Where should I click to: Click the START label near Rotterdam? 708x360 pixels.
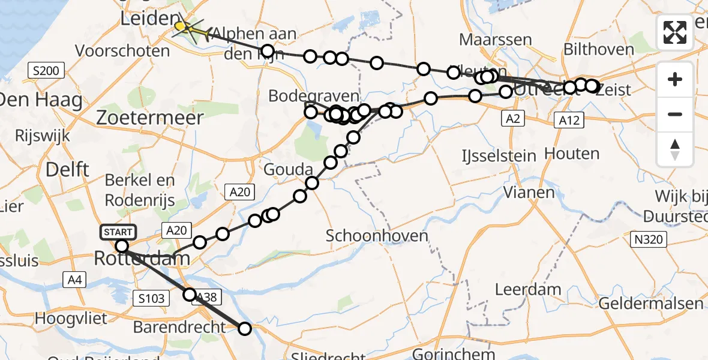pos(119,232)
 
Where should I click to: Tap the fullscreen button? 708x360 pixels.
pos(675,32)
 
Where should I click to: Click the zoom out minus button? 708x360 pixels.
pos(675,114)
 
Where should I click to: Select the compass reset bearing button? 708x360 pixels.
pos(675,149)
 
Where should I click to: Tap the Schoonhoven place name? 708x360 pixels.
pos(377,235)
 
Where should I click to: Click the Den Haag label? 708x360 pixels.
pos(41,100)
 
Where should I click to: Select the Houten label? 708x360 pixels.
pos(572,154)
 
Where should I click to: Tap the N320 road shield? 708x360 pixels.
pos(650,240)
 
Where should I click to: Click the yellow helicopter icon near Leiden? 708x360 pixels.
pos(184,27)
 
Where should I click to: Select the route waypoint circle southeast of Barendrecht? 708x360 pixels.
pos(245,328)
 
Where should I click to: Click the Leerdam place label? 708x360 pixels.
pos(528,289)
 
